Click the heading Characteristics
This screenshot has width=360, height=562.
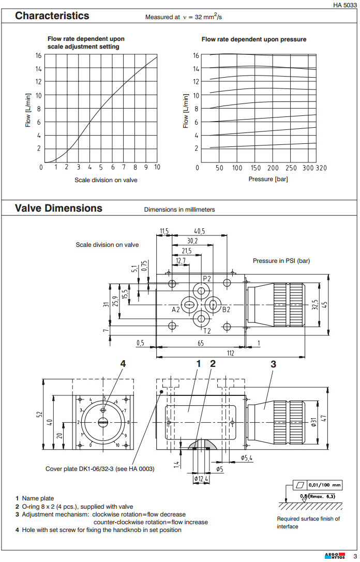click(52, 16)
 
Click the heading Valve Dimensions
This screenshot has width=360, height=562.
click(58, 208)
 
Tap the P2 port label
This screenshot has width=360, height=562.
click(207, 278)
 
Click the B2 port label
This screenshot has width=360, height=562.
click(226, 309)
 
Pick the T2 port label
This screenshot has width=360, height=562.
click(207, 331)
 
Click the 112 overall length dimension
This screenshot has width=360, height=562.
click(231, 353)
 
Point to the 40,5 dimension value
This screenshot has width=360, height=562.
click(200, 231)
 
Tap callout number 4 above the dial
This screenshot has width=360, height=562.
click(123, 364)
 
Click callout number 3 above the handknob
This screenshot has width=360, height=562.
click(273, 364)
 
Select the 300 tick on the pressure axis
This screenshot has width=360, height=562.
click(308, 168)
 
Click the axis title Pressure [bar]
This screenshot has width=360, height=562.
click(268, 179)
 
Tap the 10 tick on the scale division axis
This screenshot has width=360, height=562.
click(157, 167)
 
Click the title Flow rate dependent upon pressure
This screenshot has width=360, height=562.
click(253, 39)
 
